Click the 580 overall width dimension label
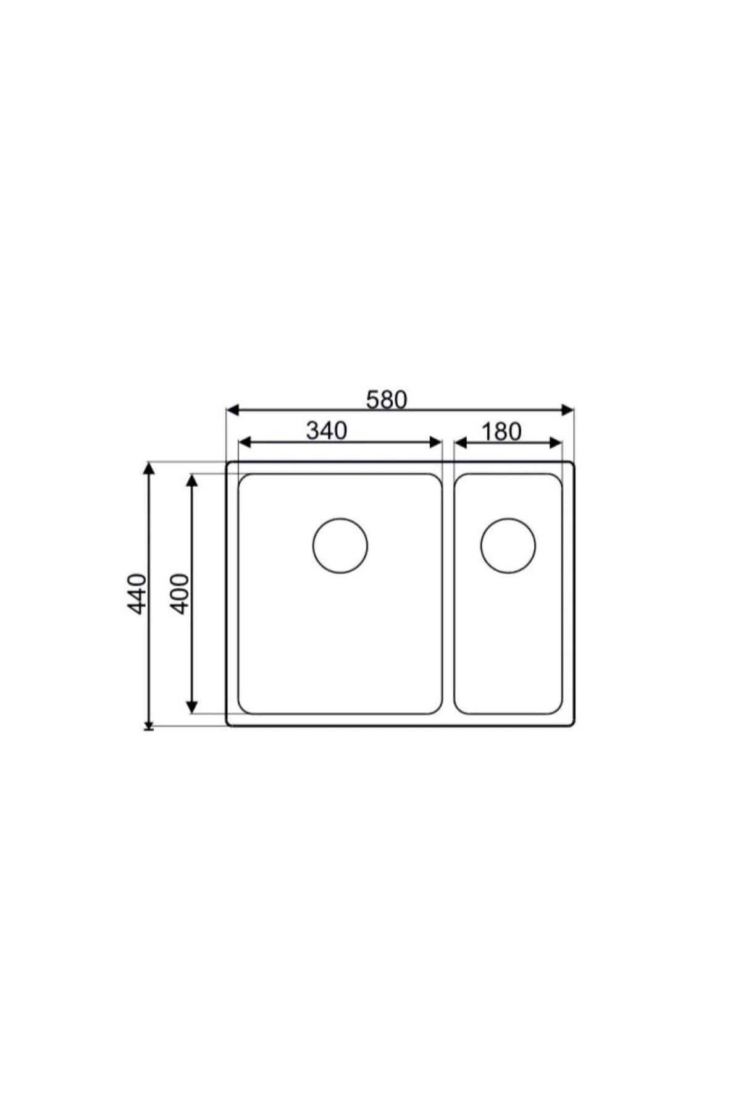[x=387, y=400]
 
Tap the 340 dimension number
[x=327, y=431]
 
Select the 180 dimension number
[x=501, y=432]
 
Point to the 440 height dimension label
[x=136, y=594]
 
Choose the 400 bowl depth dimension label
[x=179, y=593]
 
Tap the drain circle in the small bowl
[x=508, y=546]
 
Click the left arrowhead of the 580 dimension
[x=233, y=410]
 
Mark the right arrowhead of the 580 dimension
[x=567, y=410]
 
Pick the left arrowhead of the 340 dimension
[x=245, y=442]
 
